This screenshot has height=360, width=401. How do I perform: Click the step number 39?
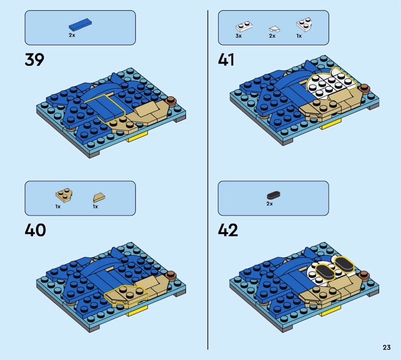point(35,60)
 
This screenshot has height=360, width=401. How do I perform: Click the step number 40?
point(35,230)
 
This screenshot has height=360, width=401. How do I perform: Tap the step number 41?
point(226,60)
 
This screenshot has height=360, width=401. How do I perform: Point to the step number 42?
point(228,230)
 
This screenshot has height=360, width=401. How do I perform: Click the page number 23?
point(386,347)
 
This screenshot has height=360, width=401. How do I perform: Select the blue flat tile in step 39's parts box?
point(80,25)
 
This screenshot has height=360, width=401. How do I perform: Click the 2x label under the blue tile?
point(72,35)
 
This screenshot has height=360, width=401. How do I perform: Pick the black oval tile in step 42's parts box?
point(274,195)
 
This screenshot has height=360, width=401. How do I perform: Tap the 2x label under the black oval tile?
point(270,204)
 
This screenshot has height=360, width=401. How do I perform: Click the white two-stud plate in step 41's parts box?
point(244,26)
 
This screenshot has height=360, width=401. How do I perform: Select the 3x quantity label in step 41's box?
point(239,36)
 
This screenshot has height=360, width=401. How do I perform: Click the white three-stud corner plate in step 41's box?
point(304,24)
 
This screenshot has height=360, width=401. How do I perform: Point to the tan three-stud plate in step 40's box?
point(64,196)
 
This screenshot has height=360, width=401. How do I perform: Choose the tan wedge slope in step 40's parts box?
point(99,198)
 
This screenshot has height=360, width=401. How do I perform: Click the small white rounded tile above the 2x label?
point(274,29)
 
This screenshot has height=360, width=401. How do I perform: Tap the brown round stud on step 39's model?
point(170,101)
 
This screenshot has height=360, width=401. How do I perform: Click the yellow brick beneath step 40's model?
point(137,312)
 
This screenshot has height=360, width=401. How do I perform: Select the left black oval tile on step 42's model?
point(325,272)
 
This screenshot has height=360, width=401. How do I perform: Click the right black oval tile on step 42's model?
point(344,264)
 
